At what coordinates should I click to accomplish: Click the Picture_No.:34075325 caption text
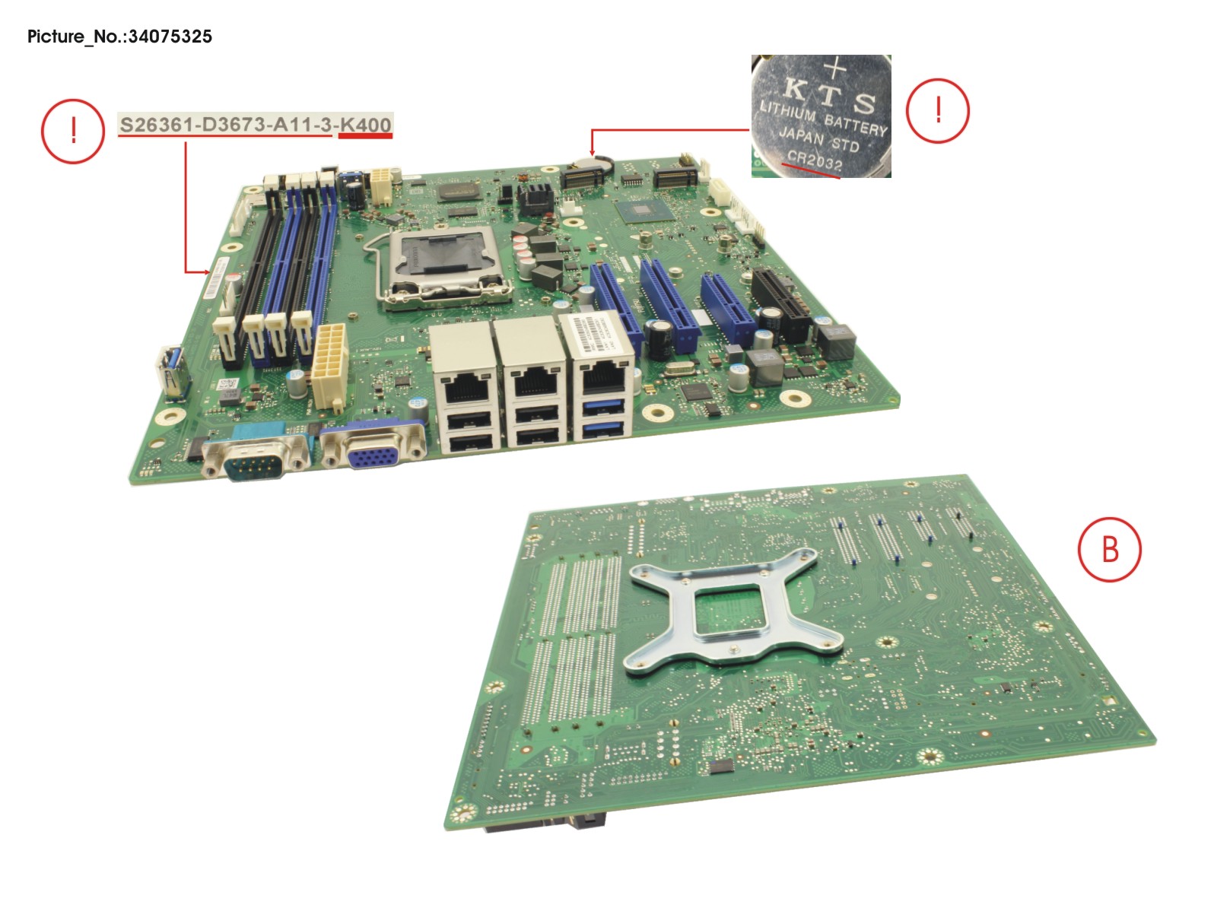point(119,37)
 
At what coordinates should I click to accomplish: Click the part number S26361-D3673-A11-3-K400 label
point(255,125)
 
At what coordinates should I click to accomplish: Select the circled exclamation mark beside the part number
point(72,131)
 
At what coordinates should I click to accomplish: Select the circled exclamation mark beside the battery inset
point(937,111)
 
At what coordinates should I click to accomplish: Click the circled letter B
point(1109,549)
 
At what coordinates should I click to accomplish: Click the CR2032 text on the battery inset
point(815,160)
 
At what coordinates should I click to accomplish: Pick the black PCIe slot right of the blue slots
point(782,304)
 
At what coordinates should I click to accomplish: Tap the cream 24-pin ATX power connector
point(329,365)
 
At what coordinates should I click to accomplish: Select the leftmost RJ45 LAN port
point(466,386)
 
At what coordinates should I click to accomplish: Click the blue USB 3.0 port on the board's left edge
point(173,373)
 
